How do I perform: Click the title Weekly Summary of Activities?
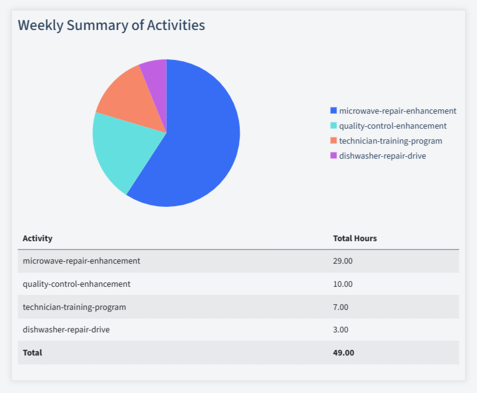point(111,25)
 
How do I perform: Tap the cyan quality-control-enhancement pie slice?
point(119,150)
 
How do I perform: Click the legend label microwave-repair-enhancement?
point(397,111)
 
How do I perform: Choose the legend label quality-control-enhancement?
point(392,126)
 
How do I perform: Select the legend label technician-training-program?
point(390,141)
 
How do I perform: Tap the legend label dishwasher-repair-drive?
point(382,156)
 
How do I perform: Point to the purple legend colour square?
point(333,156)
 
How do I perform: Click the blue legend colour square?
point(333,111)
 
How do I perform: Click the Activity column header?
point(37,238)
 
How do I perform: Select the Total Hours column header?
point(355,238)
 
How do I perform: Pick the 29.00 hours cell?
point(343,261)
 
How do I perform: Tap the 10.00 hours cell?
point(343,284)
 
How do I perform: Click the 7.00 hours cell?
point(341,307)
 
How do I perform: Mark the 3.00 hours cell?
point(341,329)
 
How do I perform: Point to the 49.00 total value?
point(343,352)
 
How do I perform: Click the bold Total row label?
point(32,352)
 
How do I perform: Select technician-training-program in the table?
point(74,307)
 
